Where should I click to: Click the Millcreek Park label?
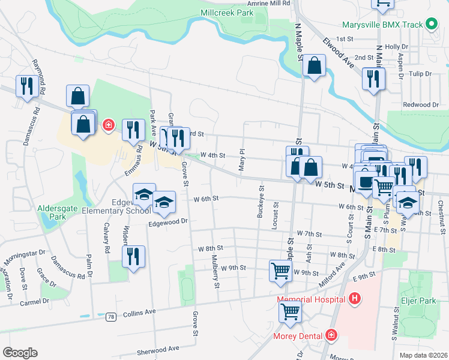228,12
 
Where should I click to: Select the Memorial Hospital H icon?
355,298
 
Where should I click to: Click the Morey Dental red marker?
331,335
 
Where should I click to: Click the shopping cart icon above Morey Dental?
291,311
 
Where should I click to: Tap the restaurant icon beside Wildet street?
133,256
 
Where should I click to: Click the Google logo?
20,353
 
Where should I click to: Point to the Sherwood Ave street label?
158,349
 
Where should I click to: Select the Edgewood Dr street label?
169,221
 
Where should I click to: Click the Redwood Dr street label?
421,104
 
